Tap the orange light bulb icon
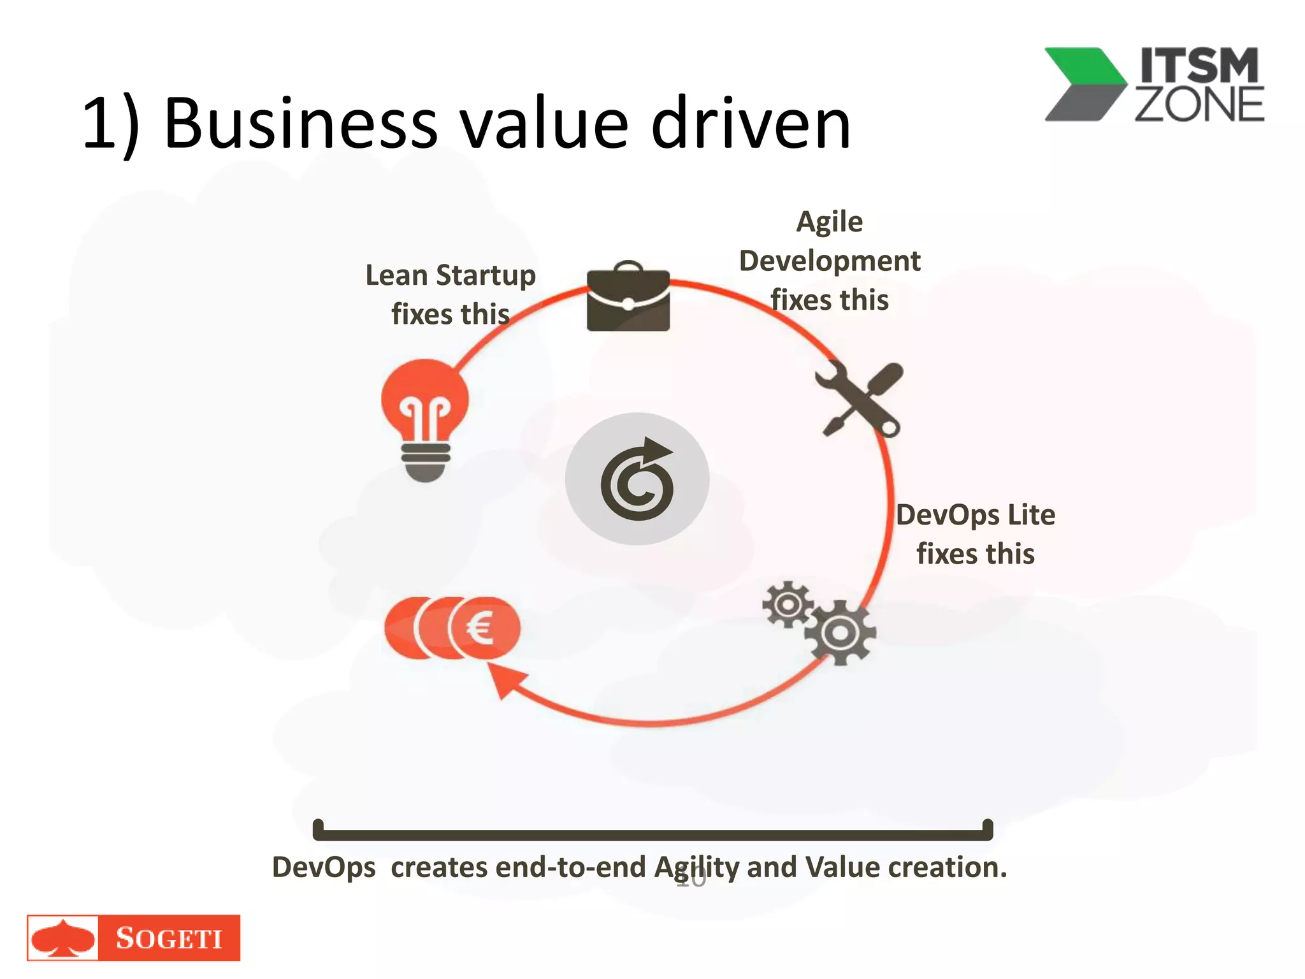[425, 417]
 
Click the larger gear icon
[840, 632]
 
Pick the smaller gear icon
[788, 604]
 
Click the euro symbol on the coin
[480, 628]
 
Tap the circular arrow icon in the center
[637, 479]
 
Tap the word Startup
[486, 277]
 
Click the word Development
[830, 261]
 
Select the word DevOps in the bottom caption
[324, 868]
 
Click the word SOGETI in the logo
[169, 938]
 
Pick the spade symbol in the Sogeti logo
[63, 938]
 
